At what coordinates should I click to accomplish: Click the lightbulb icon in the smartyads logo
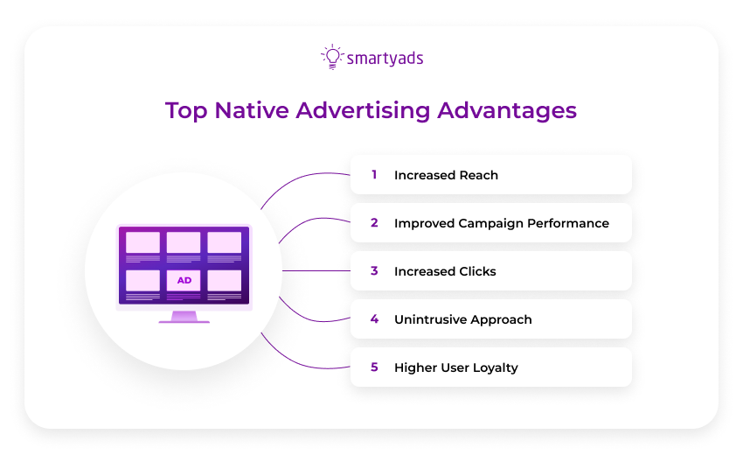click(331, 57)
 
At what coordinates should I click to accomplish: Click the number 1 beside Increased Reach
click(374, 175)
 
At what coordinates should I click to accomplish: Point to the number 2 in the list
click(374, 223)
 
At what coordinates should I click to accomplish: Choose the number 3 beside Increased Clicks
click(374, 271)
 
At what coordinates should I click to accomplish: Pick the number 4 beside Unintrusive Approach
click(374, 319)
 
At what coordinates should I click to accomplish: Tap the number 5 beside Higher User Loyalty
click(374, 367)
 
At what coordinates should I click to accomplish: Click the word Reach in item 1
click(478, 175)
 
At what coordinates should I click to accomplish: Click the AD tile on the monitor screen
click(184, 281)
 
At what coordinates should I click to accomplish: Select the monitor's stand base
click(184, 321)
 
